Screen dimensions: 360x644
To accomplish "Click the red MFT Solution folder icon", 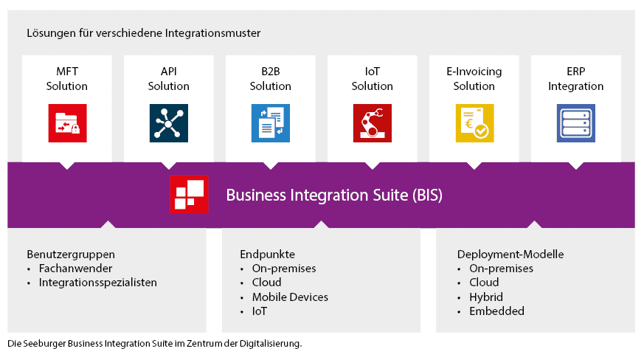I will point(67,123).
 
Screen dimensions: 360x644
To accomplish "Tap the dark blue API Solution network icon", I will point(169,123).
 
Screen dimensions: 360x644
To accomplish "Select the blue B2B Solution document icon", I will point(271,123).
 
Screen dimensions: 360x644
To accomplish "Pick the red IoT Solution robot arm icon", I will point(373,123).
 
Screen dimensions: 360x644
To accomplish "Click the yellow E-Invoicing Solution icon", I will point(474,123).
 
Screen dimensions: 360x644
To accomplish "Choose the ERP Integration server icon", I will point(576,123).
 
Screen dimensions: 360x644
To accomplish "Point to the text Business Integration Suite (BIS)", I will point(334,195).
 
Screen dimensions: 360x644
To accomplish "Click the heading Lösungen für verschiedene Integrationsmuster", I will point(143,33).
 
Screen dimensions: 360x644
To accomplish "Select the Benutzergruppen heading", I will point(71,255).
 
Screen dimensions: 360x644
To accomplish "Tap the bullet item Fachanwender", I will point(74,269).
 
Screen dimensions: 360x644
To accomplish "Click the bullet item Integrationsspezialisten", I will point(97,283).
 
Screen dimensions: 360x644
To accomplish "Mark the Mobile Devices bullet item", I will point(290,297).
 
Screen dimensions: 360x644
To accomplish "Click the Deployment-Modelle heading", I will point(510,255).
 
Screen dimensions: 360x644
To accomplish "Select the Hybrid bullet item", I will point(486,297).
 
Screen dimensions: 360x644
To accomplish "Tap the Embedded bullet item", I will point(496,311).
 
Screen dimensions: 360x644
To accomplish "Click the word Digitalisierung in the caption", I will point(274,344).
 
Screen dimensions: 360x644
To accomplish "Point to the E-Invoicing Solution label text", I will point(474,79).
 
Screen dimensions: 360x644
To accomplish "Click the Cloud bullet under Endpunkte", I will point(267,283).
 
